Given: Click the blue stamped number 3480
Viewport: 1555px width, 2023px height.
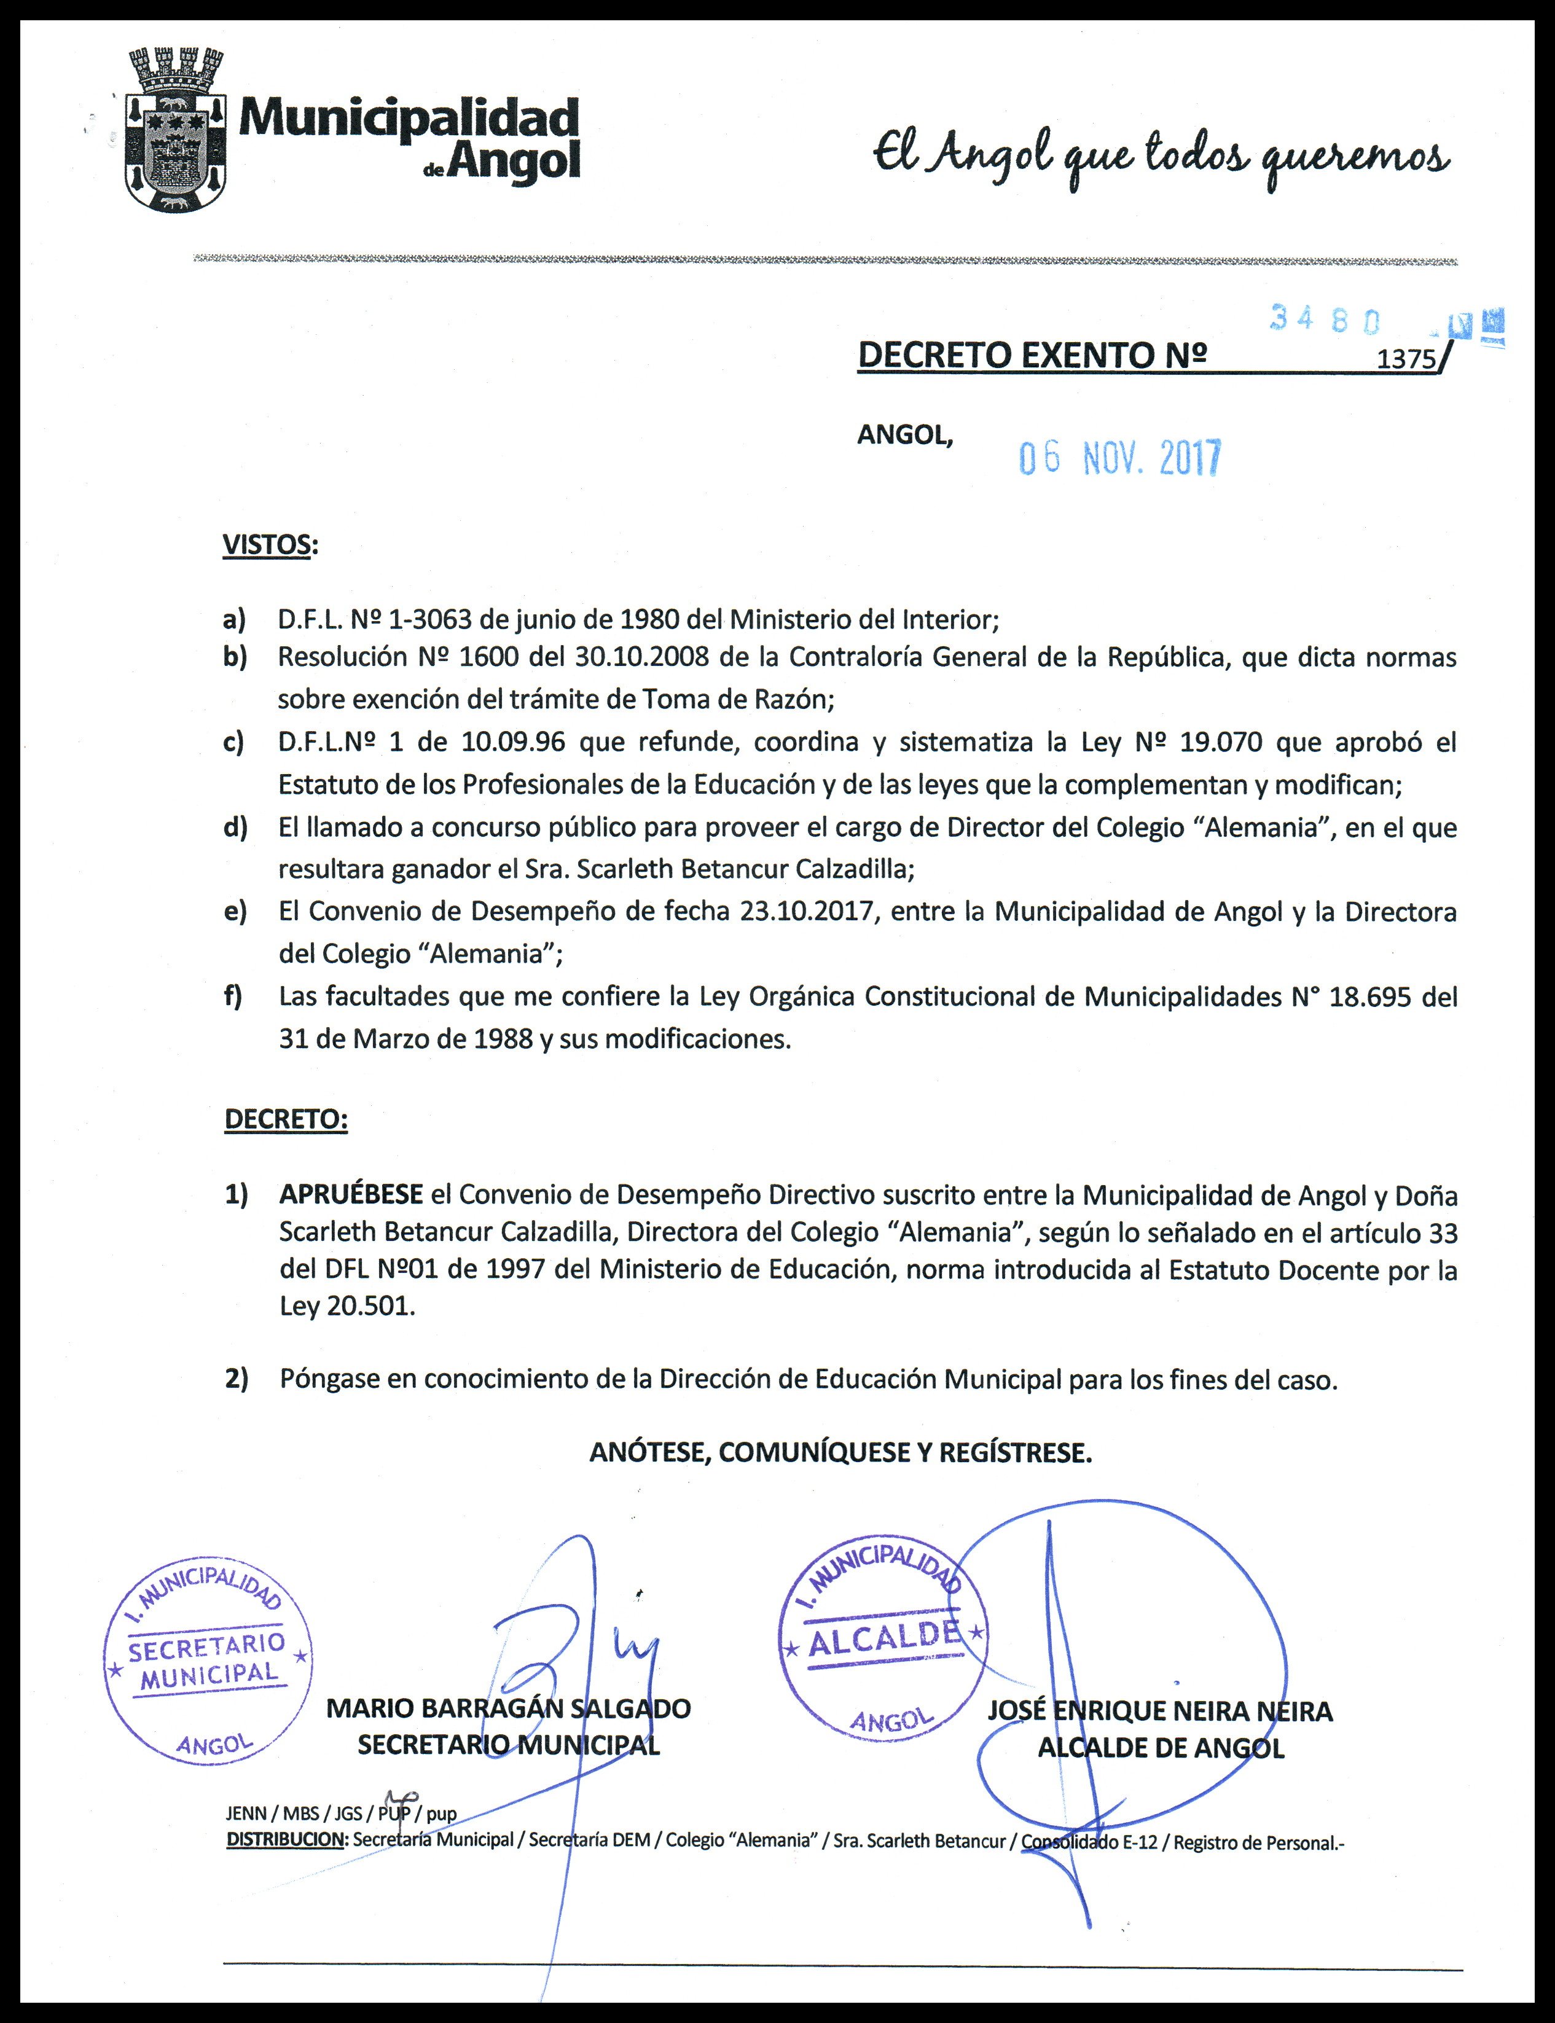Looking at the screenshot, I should click(1325, 319).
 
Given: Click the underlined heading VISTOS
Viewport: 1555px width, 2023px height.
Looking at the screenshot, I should click(267, 544).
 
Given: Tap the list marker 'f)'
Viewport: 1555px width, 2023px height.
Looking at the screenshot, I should click(234, 996).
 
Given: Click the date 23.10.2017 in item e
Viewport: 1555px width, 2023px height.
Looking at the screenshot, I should click(806, 912).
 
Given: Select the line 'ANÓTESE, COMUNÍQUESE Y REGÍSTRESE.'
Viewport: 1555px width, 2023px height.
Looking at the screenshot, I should click(840, 1453).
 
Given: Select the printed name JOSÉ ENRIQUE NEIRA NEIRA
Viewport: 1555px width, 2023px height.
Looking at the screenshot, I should click(1160, 1711).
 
